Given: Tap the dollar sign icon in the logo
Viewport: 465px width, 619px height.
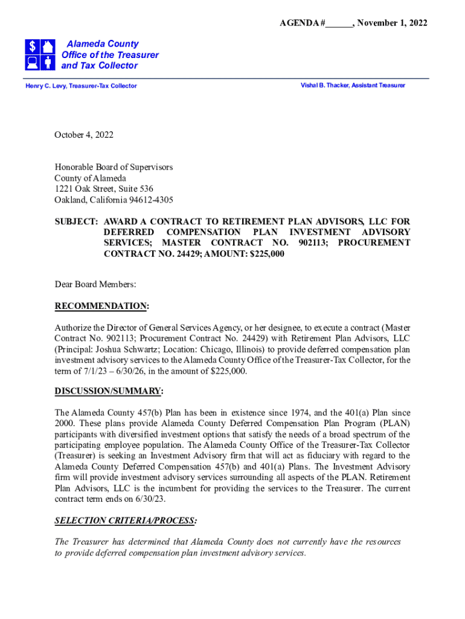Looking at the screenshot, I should pos(33,47).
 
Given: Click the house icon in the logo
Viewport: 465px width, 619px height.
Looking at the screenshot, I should pos(48,47).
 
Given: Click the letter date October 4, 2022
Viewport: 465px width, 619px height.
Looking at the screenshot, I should pos(84,135).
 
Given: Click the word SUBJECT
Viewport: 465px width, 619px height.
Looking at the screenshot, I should pos(74,221).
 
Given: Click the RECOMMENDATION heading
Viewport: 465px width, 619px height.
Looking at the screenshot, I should pos(101,306).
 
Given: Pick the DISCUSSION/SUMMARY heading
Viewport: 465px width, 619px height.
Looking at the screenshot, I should pos(109,391).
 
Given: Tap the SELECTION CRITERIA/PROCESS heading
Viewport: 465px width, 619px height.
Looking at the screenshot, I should pos(125,520).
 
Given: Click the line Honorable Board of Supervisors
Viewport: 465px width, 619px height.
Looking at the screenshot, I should pos(114,167).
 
